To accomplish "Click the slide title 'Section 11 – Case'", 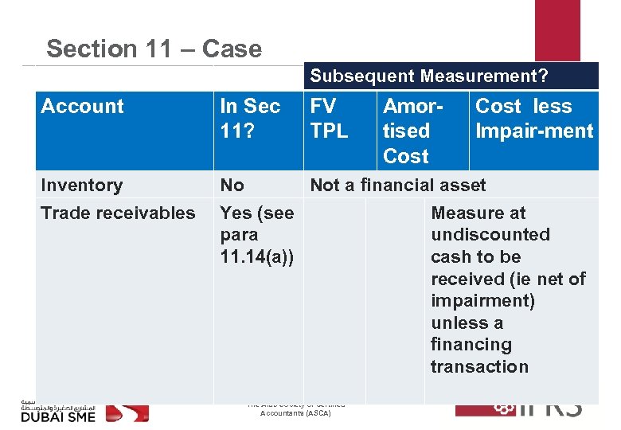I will [x=154, y=49].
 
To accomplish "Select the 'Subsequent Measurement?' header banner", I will [x=429, y=76].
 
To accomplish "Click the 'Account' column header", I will [x=83, y=107].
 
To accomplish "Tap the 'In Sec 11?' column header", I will [x=250, y=118].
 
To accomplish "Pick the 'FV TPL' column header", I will [x=329, y=118].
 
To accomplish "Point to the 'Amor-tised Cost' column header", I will [x=412, y=131].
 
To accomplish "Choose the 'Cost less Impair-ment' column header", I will [x=533, y=118].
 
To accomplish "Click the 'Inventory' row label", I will [x=81, y=186].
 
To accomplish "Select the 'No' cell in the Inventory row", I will [x=232, y=186].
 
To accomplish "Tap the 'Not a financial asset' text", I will [x=397, y=186].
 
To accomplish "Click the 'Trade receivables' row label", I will [x=118, y=213].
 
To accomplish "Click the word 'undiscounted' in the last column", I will [x=490, y=235].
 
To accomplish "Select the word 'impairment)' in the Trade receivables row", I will [x=482, y=301].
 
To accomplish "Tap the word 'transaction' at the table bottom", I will [x=479, y=367].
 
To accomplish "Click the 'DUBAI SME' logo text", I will [x=57, y=416].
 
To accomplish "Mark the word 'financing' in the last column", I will [x=471, y=345].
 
